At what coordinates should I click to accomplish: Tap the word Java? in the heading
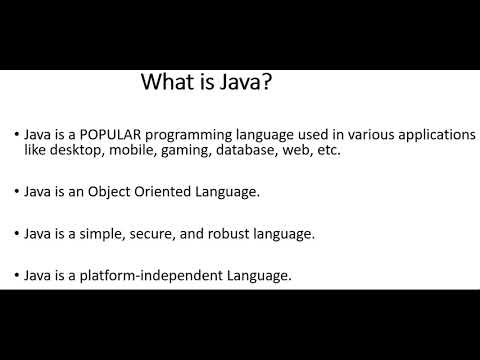coord(240,82)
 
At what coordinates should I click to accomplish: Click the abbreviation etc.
coord(329,151)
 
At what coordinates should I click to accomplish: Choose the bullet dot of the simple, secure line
coord(16,235)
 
